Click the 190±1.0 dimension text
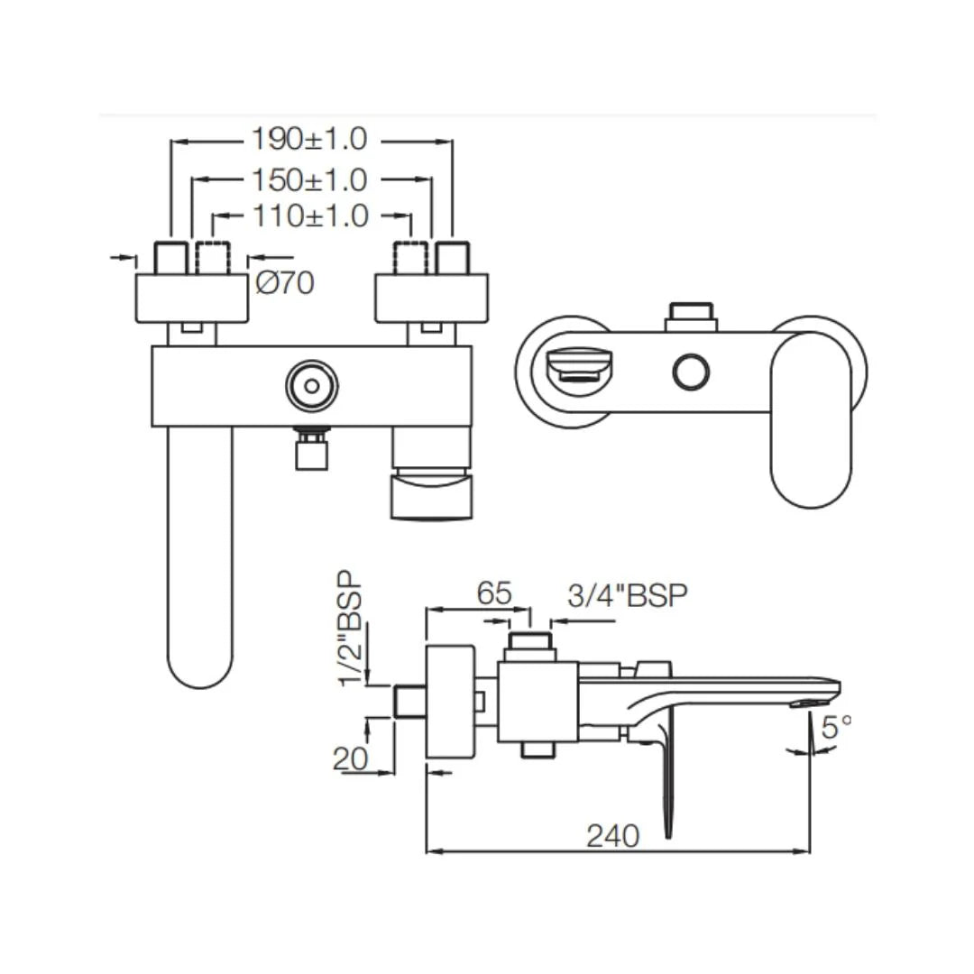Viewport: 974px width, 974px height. tap(309, 140)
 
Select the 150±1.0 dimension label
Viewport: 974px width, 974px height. tap(309, 179)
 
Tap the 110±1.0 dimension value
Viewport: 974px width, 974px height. tap(309, 216)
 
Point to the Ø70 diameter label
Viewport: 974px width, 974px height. tap(285, 283)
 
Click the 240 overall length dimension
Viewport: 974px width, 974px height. tap(612, 836)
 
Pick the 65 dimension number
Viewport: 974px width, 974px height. tap(493, 593)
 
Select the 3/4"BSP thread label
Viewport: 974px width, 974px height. tap(628, 595)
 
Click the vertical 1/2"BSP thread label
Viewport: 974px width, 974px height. tap(352, 628)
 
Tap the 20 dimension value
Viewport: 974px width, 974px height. tap(350, 758)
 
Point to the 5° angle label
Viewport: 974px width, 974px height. tap(835, 726)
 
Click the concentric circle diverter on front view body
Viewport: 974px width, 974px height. tap(311, 386)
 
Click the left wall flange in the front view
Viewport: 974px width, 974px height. tap(191, 298)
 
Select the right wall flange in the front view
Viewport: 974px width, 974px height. tap(430, 298)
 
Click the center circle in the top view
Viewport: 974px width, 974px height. tap(691, 372)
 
